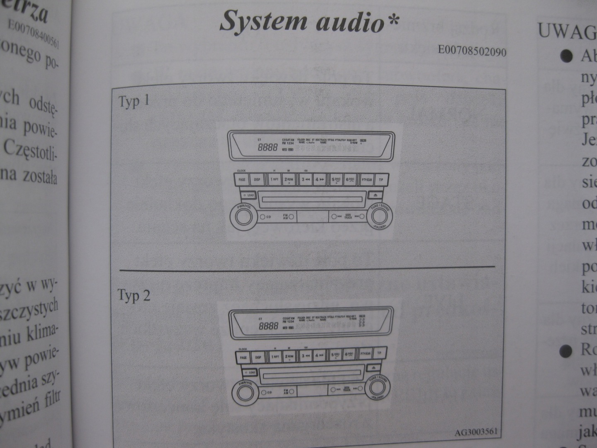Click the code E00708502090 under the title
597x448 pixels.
472,51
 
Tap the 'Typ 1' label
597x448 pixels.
134,102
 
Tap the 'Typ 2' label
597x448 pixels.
133,296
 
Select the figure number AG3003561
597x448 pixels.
476,432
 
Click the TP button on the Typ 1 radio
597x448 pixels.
381,180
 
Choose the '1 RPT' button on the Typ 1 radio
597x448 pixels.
274,180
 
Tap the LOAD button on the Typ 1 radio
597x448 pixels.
249,195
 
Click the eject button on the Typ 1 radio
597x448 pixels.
375,195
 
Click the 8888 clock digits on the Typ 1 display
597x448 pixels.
268,148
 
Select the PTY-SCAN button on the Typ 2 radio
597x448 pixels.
366,354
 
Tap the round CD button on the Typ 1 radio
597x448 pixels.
263,217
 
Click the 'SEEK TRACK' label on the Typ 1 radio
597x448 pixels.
348,216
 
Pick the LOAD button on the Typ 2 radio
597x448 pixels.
249,373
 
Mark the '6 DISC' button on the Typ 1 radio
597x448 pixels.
350,180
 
